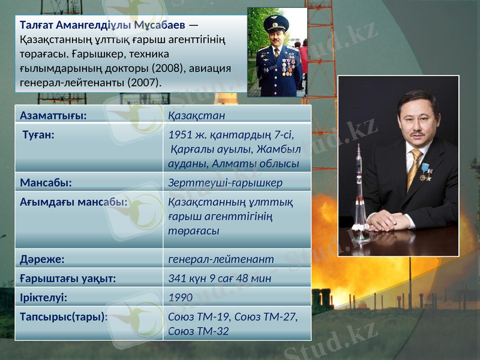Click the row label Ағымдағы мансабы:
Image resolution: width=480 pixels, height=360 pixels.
click(73, 202)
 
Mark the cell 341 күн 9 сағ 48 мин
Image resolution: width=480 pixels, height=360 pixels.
click(220, 278)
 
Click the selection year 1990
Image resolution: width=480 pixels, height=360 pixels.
click(181, 297)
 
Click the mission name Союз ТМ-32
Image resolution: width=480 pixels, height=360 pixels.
click(199, 331)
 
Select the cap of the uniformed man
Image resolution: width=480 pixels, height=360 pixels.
click(277, 23)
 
